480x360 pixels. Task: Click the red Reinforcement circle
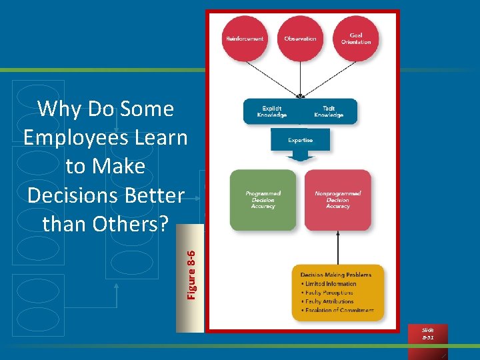pyautogui.click(x=245, y=39)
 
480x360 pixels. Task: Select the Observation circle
pyautogui.click(x=300, y=39)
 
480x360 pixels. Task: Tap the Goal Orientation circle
pyautogui.click(x=356, y=39)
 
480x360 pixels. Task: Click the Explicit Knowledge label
pyautogui.click(x=271, y=111)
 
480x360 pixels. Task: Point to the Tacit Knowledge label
pyautogui.click(x=328, y=111)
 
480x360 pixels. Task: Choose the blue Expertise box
pyautogui.click(x=300, y=140)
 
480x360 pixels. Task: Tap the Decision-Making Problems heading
pyautogui.click(x=336, y=275)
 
